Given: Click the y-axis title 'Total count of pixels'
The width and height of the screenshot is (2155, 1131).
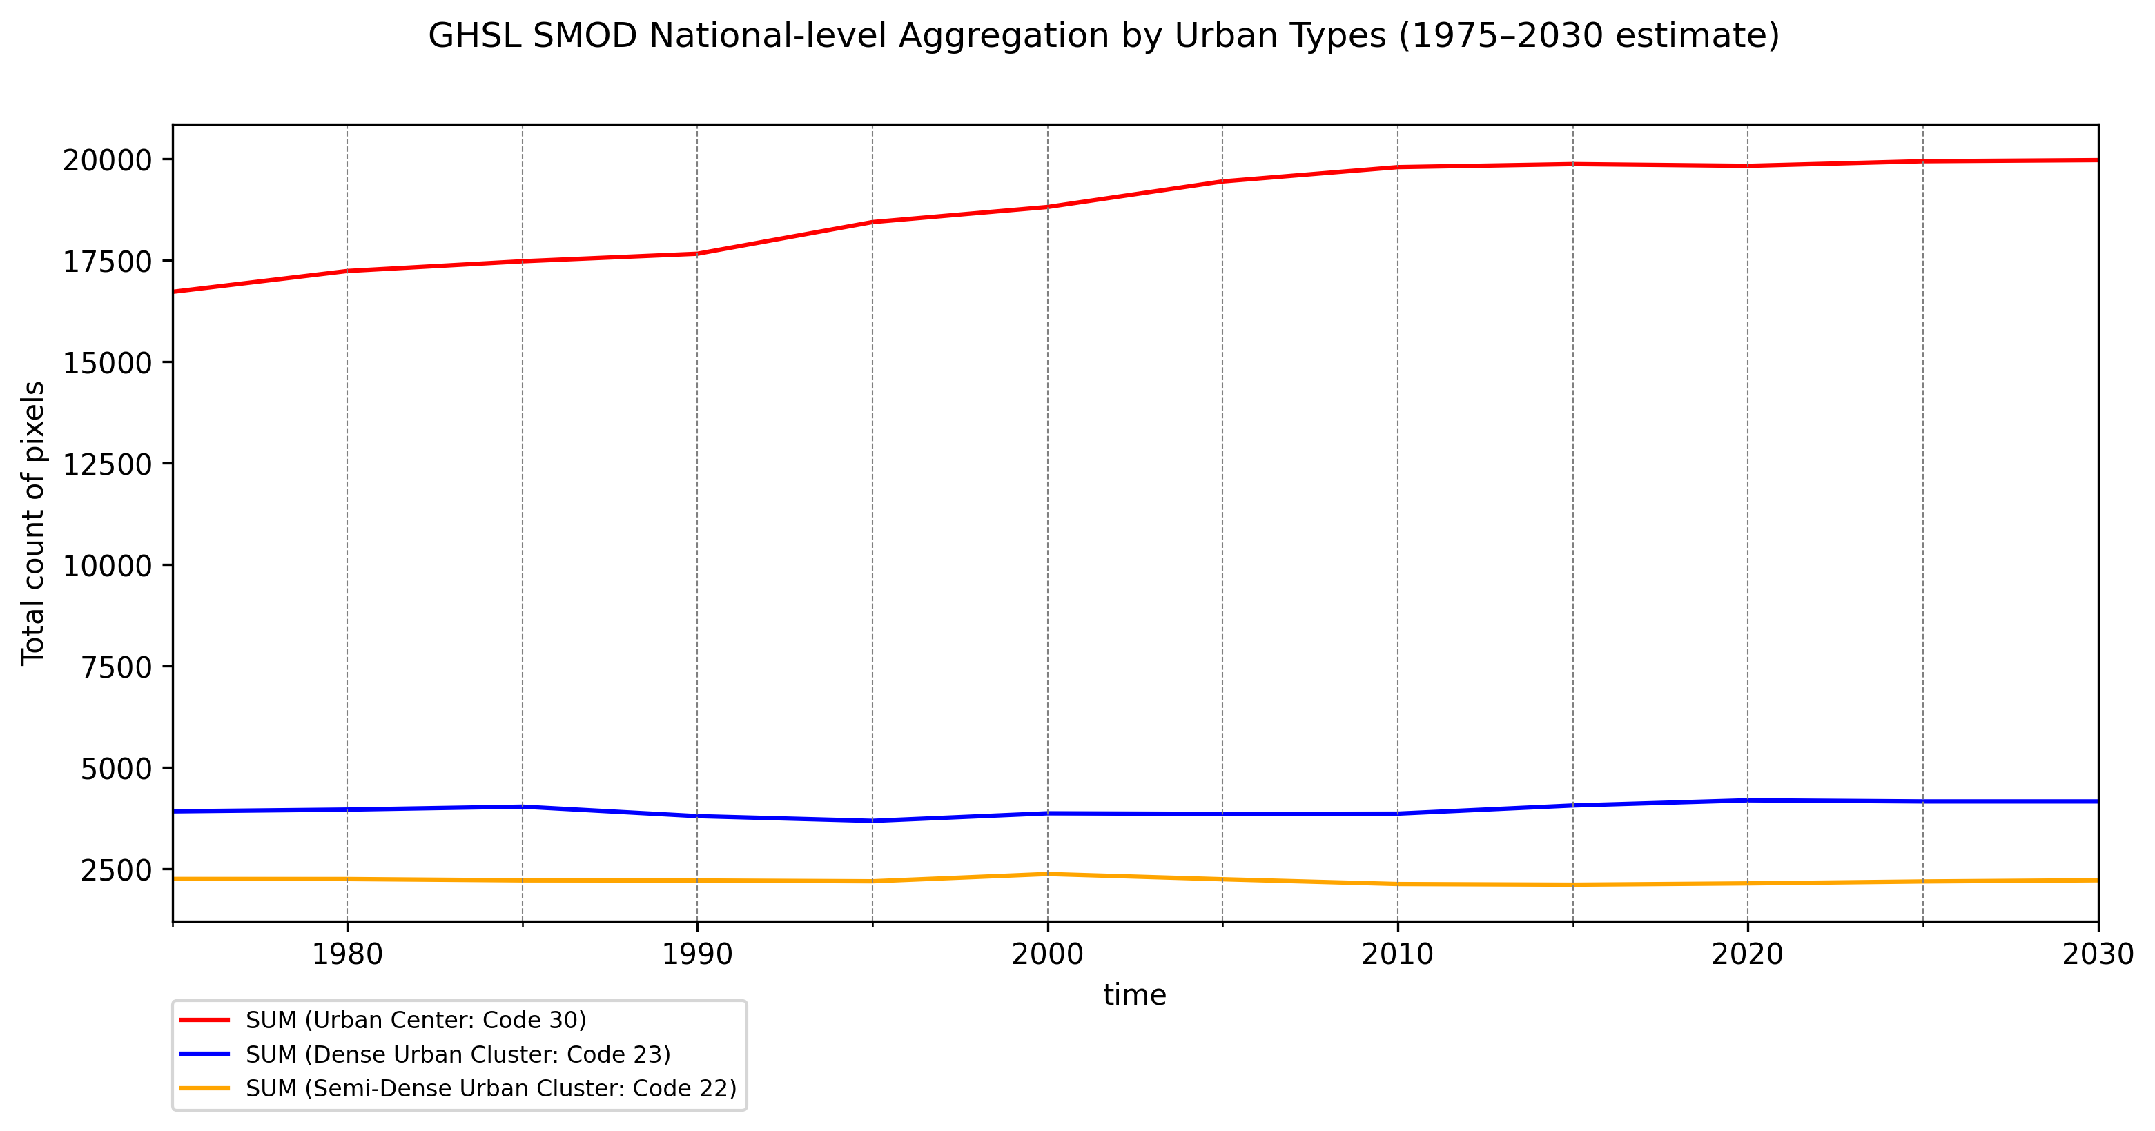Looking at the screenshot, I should pyautogui.click(x=33, y=523).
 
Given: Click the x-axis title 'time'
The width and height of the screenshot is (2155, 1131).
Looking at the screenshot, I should pyautogui.click(x=1134, y=994).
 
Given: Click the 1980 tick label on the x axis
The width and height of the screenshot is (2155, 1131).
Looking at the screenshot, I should pyautogui.click(x=347, y=954).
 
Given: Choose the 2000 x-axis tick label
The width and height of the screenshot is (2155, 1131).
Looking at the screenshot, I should pyautogui.click(x=1047, y=954).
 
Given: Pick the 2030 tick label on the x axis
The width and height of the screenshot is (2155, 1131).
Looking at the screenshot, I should pyautogui.click(x=2096, y=954).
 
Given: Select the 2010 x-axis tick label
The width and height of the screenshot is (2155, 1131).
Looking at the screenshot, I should pyautogui.click(x=1397, y=954).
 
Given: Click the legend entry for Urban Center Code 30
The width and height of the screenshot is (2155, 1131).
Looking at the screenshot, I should pyautogui.click(x=416, y=1020).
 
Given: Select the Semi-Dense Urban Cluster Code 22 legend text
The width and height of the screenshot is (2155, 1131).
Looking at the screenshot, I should pyautogui.click(x=491, y=1088).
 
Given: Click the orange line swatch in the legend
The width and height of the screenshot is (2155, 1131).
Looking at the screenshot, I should pyautogui.click(x=205, y=1088).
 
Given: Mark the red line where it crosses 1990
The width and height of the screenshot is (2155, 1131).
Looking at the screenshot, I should pyautogui.click(x=697, y=253).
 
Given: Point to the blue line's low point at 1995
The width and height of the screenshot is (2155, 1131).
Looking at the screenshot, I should pyautogui.click(x=872, y=820).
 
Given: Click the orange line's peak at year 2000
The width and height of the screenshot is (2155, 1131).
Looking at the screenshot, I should pyautogui.click(x=1047, y=874).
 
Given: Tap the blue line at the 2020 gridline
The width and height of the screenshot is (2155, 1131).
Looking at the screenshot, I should pyautogui.click(x=1747, y=800).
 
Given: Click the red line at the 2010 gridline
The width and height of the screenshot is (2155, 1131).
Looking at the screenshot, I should pyautogui.click(x=1397, y=167).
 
